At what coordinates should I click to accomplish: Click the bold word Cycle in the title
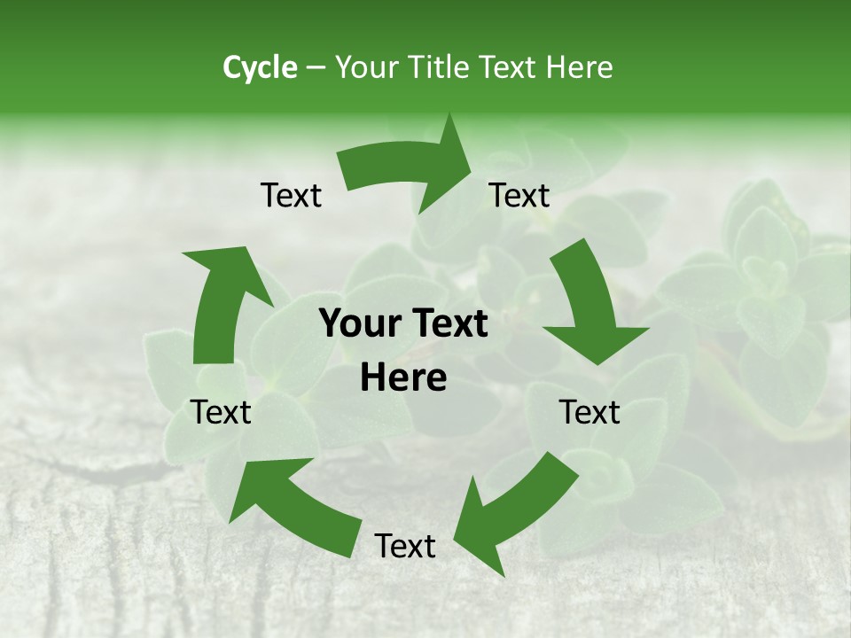coord(260,67)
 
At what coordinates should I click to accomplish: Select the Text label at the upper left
coord(291,196)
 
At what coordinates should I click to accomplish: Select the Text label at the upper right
coord(519,196)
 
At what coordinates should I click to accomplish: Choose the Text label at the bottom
coord(405,546)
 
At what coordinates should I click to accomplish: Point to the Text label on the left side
coord(221,412)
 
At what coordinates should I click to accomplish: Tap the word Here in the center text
coord(403,378)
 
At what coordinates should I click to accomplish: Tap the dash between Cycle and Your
coord(316,68)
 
